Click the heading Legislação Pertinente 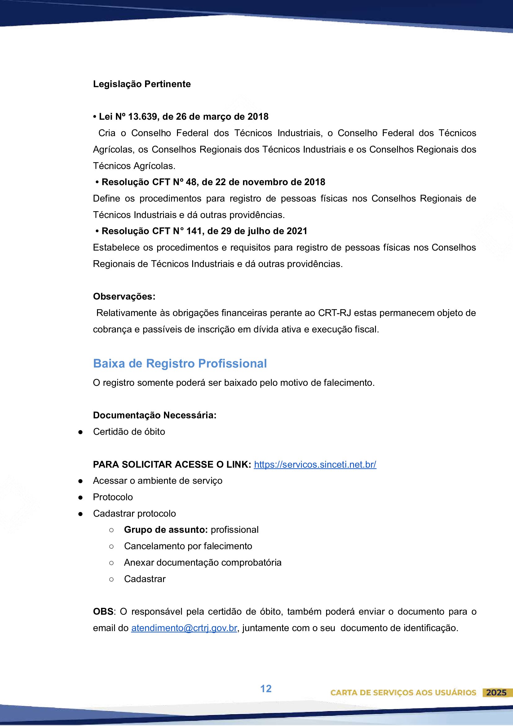[142, 84]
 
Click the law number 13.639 [142, 117]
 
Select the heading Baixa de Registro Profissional [179, 363]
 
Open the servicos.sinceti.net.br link [315, 464]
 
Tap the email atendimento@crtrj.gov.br [184, 628]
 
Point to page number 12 [266, 688]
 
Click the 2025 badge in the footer [496, 693]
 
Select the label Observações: [124, 296]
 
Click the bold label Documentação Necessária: [155, 415]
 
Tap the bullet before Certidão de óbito [81, 432]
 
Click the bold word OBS [103, 612]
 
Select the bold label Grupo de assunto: [166, 530]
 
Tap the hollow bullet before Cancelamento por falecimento [111, 546]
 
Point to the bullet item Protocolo [113, 497]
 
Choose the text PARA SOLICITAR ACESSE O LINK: [172, 464]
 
